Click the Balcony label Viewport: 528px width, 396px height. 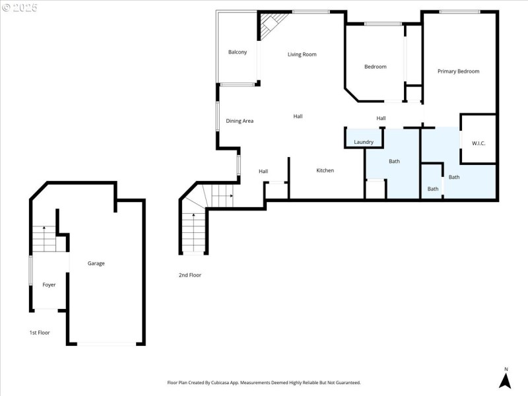pyautogui.click(x=238, y=52)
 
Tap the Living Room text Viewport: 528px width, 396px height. pyautogui.click(x=302, y=54)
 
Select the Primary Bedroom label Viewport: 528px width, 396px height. pyautogui.click(x=458, y=71)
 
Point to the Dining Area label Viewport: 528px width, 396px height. pyautogui.click(x=240, y=121)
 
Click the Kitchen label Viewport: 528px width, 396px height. pyautogui.click(x=325, y=170)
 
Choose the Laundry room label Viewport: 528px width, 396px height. pyautogui.click(x=364, y=142)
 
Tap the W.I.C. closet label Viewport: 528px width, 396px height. pyautogui.click(x=478, y=143)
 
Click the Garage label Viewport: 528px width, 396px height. pyautogui.click(x=96, y=263)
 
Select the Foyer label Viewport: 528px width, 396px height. pyautogui.click(x=49, y=284)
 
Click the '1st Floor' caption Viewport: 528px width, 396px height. pyautogui.click(x=39, y=333)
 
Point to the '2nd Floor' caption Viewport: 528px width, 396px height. pyautogui.click(x=189, y=275)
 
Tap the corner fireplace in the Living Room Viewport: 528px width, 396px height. pyautogui.click(x=268, y=27)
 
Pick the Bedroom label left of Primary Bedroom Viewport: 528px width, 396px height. pyautogui.click(x=376, y=67)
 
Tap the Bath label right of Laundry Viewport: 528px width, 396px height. pyautogui.click(x=394, y=161)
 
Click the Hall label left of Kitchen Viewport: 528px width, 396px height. pyautogui.click(x=263, y=172)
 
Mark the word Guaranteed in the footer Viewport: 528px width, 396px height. pyautogui.click(x=345, y=383)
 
